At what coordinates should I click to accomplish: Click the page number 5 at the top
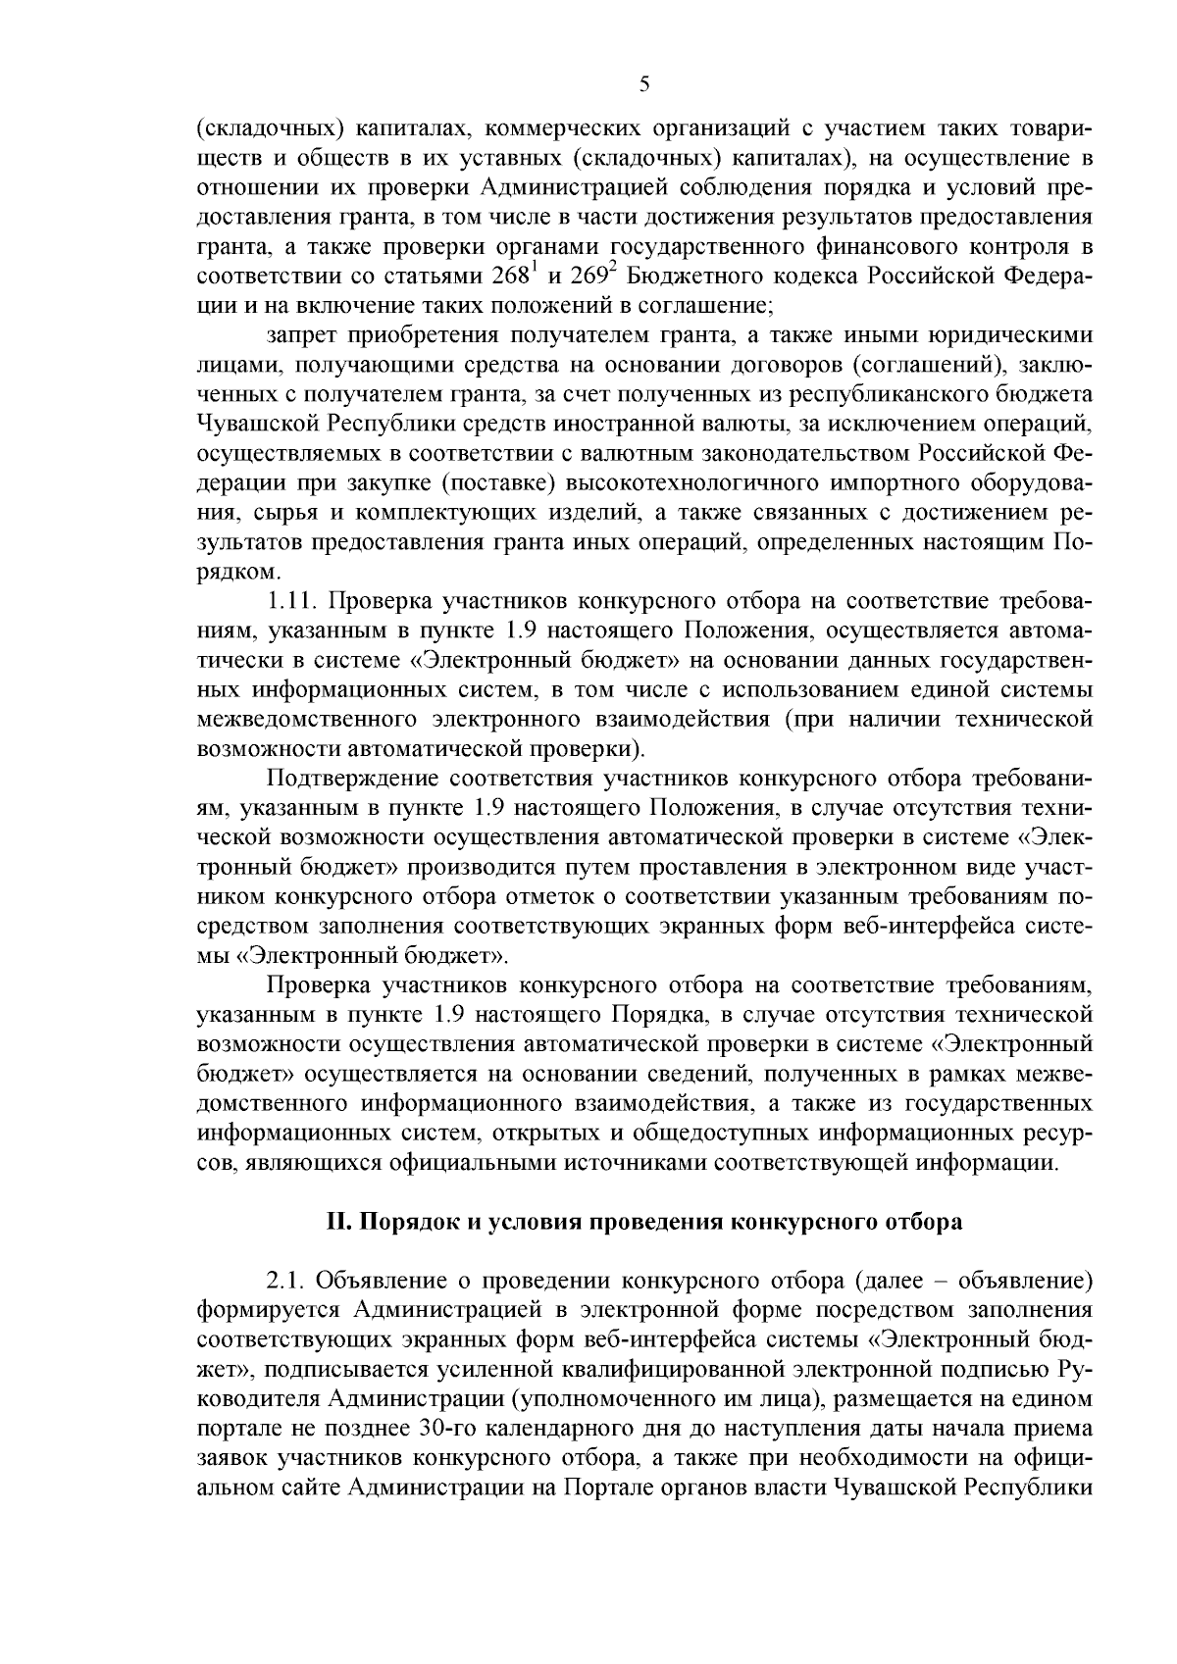point(643,84)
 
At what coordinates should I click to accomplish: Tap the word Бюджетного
point(690,275)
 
